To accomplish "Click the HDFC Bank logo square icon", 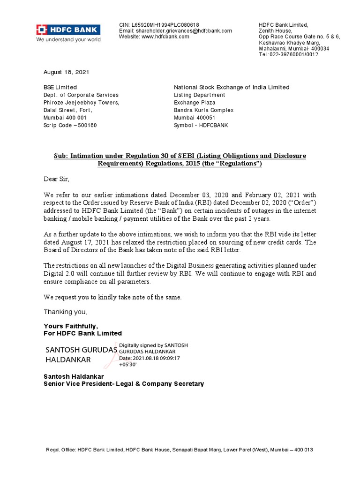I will (42, 30).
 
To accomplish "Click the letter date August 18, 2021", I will (66, 72).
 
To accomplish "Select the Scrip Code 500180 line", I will (70, 125).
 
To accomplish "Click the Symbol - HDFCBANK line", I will (201, 125).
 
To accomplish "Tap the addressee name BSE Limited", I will (60, 87).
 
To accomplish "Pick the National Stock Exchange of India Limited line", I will (232, 87).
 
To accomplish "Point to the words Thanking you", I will (66, 312).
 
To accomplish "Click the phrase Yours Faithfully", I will (71, 326).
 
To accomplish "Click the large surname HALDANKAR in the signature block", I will (68, 360).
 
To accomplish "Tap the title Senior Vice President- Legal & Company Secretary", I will (124, 383).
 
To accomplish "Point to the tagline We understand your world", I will (68, 39).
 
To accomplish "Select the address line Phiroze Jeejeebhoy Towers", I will (81, 103).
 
